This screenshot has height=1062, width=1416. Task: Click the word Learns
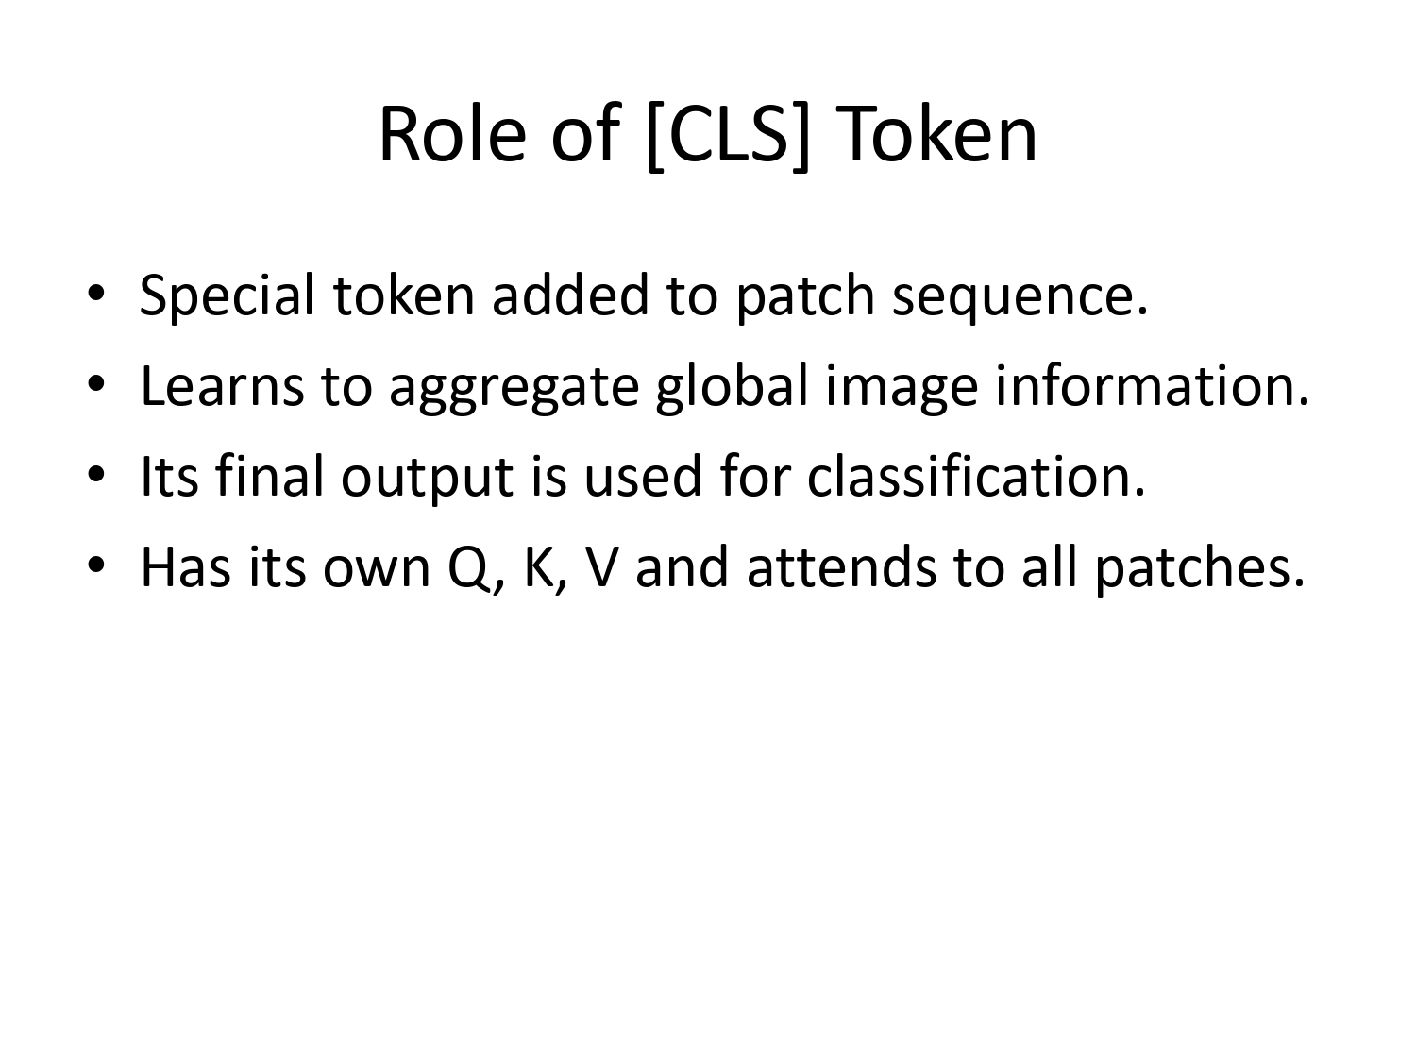(223, 386)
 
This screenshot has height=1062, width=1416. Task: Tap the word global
(732, 386)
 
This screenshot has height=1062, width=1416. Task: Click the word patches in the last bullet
(1200, 567)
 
